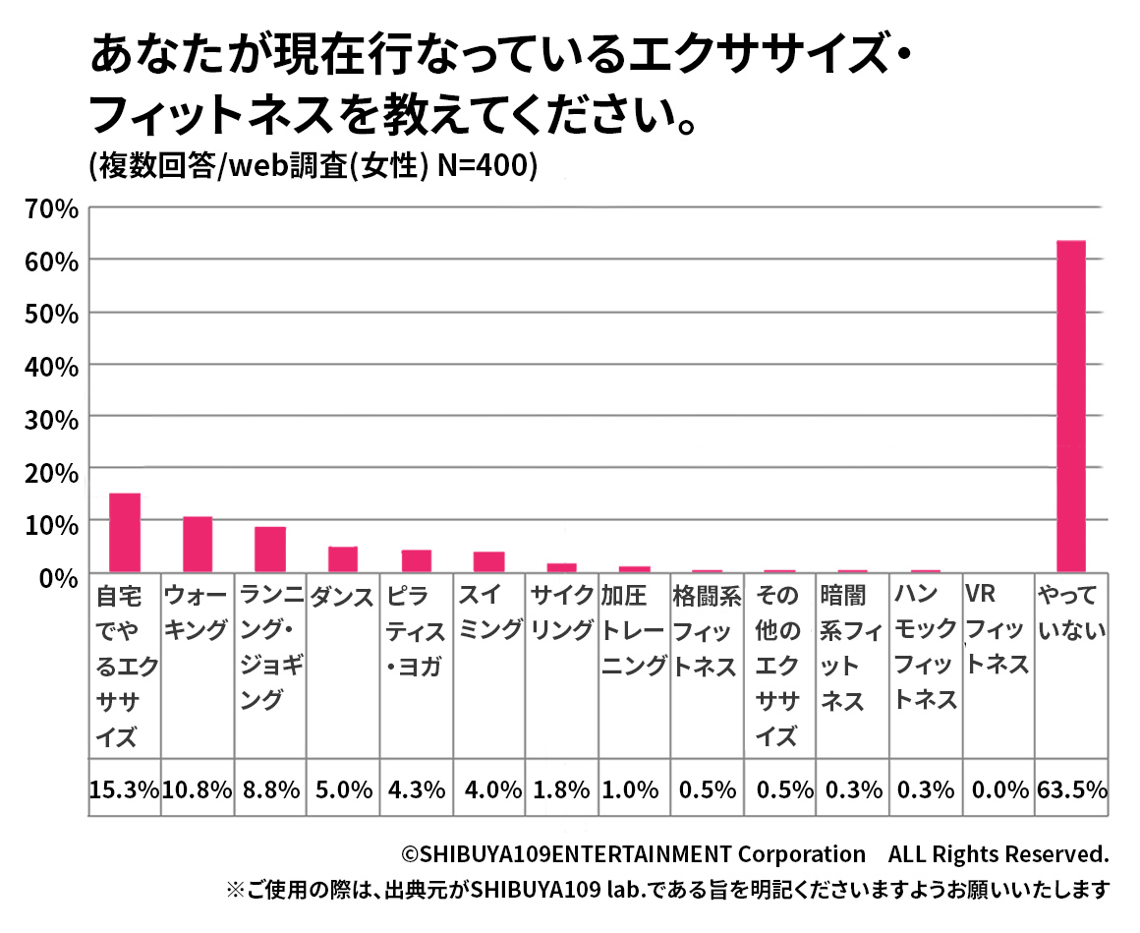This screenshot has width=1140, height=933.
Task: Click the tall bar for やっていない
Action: (x=1070, y=405)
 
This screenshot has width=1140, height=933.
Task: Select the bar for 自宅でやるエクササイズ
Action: (x=125, y=532)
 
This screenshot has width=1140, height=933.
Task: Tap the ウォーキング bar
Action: (x=198, y=544)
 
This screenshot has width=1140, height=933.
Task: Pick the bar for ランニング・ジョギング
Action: (x=270, y=549)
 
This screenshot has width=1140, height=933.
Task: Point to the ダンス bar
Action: (x=343, y=558)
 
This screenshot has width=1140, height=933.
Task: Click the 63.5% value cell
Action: (x=1071, y=788)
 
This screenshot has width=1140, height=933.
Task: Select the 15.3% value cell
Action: (x=125, y=788)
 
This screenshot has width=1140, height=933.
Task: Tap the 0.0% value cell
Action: (x=997, y=788)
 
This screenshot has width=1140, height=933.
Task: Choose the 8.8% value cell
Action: (x=270, y=788)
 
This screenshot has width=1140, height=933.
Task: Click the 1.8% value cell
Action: (x=561, y=788)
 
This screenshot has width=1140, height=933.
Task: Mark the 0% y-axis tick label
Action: (x=56, y=577)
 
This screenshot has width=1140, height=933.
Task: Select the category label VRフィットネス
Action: (x=997, y=629)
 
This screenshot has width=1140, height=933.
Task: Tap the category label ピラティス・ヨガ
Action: (x=416, y=630)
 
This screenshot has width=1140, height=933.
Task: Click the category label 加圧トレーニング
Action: (x=634, y=630)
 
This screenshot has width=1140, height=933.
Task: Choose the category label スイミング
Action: (x=488, y=612)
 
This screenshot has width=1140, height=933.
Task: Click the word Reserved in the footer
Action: (x=1066, y=853)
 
